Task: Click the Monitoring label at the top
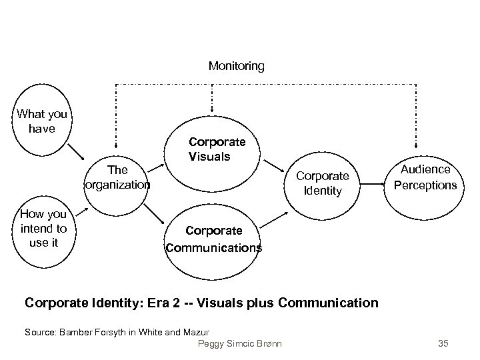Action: [x=236, y=66]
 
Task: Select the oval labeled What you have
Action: [x=41, y=121]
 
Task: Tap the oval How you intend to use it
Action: [x=43, y=228]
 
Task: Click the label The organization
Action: [x=117, y=177]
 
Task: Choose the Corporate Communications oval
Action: [x=213, y=239]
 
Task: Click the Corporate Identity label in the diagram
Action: [x=322, y=183]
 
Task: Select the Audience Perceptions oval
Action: [x=425, y=177]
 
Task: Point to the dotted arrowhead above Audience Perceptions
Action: [x=417, y=145]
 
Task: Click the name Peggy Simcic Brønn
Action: [x=240, y=344]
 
